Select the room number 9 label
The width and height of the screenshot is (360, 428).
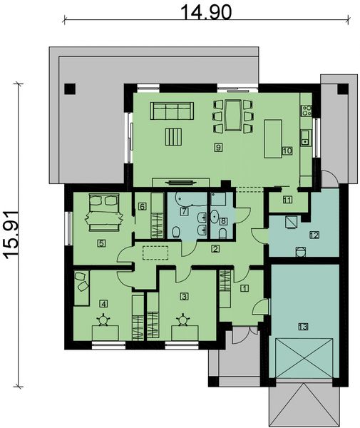(x=219, y=147)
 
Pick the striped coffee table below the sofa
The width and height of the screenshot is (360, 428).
(x=173, y=136)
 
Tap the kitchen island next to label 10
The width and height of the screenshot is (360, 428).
(x=274, y=138)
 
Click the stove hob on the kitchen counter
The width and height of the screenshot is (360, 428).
(x=307, y=110)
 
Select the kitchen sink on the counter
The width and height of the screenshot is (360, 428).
(x=305, y=138)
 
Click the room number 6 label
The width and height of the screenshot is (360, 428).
(x=142, y=207)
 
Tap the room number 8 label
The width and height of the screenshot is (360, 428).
(x=223, y=222)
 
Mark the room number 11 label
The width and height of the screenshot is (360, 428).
(x=287, y=200)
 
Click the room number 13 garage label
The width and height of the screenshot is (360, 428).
(x=302, y=327)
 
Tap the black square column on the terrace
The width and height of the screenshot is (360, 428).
(x=69, y=88)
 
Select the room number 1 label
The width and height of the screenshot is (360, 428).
(x=245, y=289)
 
